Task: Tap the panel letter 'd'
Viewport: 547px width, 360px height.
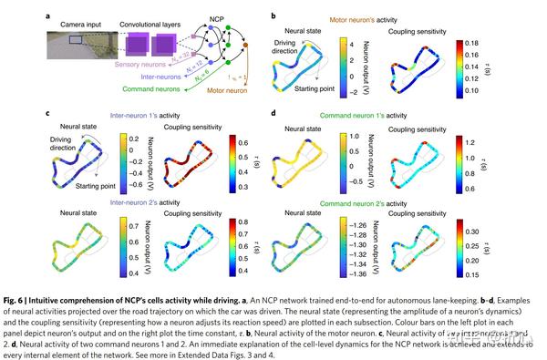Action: click(x=274, y=113)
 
